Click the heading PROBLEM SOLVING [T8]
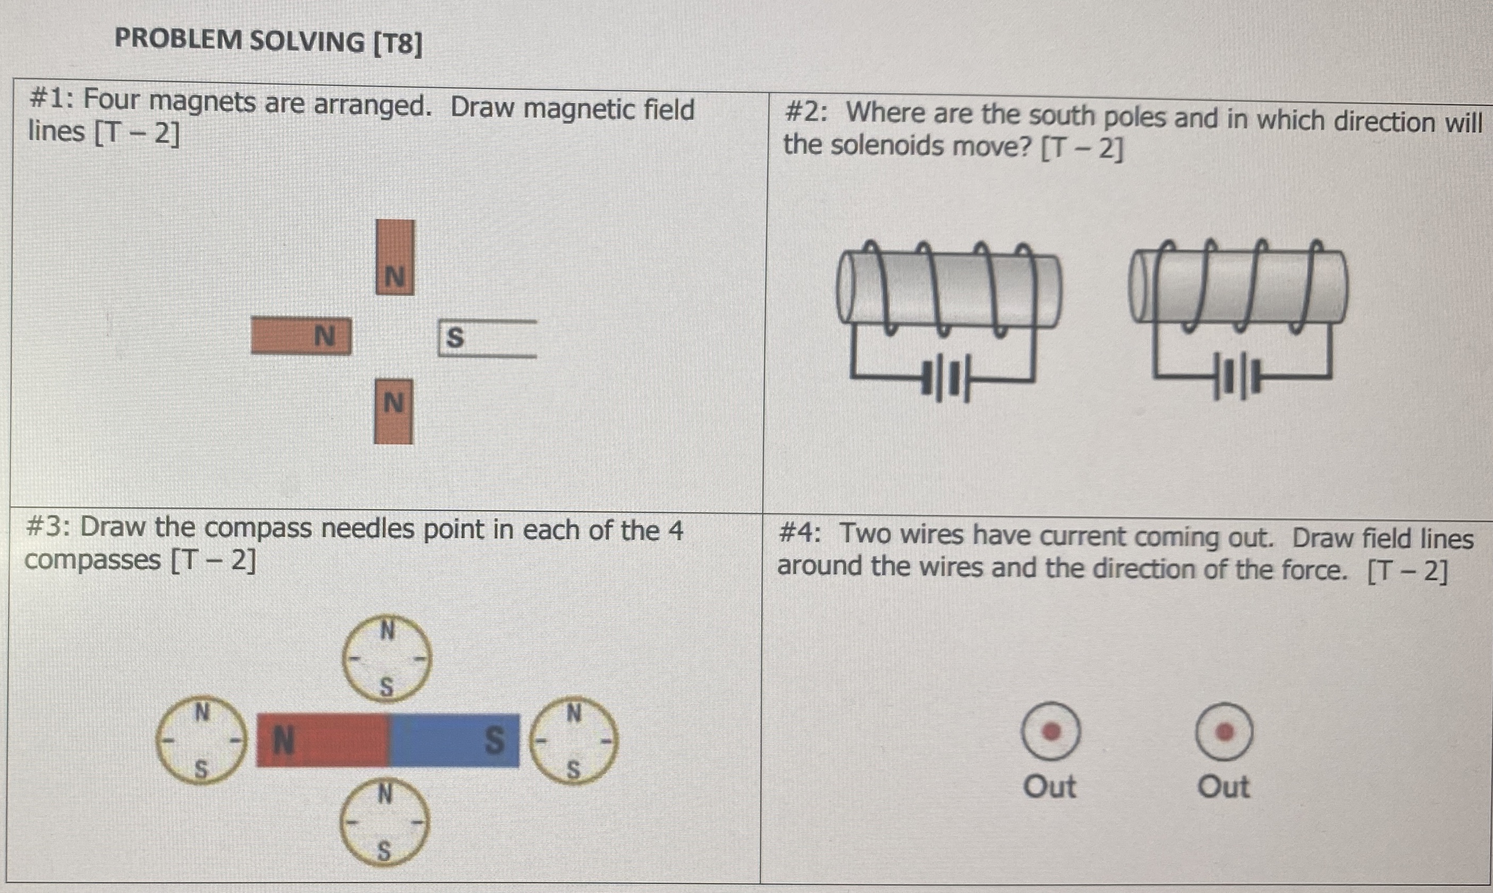[268, 41]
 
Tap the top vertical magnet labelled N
[395, 257]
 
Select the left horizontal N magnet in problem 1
[301, 336]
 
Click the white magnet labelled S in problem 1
[487, 338]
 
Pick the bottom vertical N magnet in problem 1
[394, 412]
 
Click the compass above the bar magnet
[387, 658]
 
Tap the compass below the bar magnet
[385, 822]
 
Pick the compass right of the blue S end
[574, 740]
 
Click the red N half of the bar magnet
[323, 740]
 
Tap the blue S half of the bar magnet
[455, 740]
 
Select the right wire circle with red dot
[1224, 732]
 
